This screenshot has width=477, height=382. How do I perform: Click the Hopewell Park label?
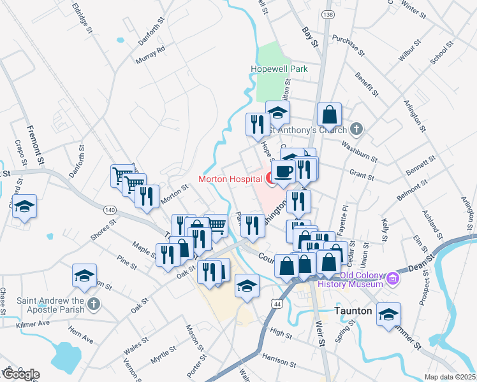[x=279, y=69]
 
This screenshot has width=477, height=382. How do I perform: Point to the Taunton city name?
[x=353, y=311]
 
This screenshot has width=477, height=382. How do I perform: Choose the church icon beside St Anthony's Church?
[x=356, y=129]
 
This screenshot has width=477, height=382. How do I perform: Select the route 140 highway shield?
[x=110, y=209]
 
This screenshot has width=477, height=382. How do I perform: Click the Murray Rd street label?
[x=150, y=56]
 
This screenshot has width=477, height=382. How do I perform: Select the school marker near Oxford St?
[x=25, y=206]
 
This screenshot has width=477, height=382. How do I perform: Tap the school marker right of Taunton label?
[x=388, y=314]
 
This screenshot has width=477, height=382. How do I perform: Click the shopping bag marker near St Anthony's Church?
[x=329, y=115]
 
